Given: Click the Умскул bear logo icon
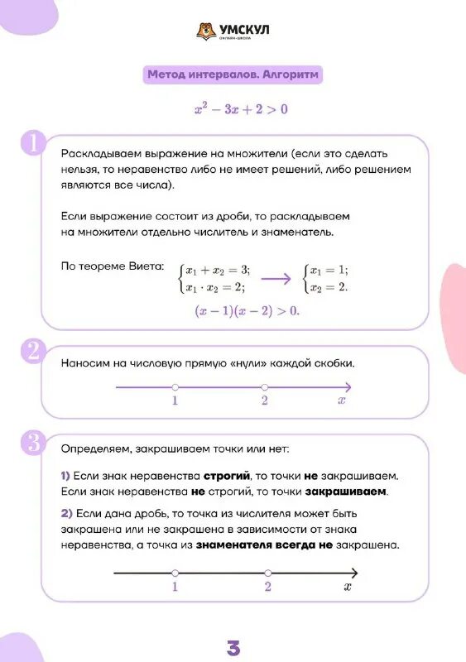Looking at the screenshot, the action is pos(205,31).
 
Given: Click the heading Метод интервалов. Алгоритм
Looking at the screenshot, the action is pos(233,75).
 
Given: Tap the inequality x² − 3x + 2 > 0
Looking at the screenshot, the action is pos(241,108).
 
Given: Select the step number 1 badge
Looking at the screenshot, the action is pos(32,142).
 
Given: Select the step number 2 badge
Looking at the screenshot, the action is pos(32,351).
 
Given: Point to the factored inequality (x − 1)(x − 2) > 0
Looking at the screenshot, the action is pos(247,311).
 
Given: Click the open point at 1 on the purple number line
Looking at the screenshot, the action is pos(175,387).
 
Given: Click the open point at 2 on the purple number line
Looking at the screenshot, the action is pos(265,387).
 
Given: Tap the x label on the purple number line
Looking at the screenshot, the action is pos(341,401).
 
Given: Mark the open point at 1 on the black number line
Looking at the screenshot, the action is pos(175,573).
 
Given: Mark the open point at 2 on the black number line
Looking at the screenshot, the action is pos(267,573).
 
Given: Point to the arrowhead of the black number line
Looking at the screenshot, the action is pos(353,573).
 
